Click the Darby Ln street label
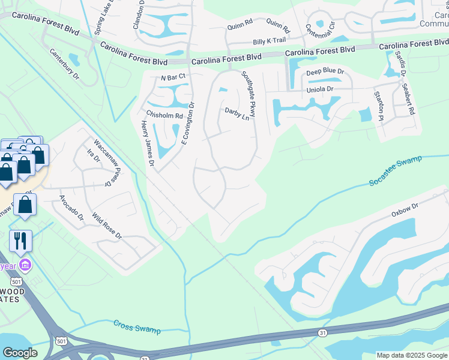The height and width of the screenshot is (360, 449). point(237,113)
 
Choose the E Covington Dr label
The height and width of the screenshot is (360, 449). point(188,124)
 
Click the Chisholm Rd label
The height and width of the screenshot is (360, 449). point(164,115)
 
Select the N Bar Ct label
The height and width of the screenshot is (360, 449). point(174,78)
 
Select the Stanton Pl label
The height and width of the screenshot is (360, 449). point(378,106)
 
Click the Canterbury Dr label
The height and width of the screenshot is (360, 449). point(64,64)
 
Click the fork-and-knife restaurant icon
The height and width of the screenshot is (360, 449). point(20,241)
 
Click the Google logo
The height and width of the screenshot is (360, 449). point(20,353)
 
